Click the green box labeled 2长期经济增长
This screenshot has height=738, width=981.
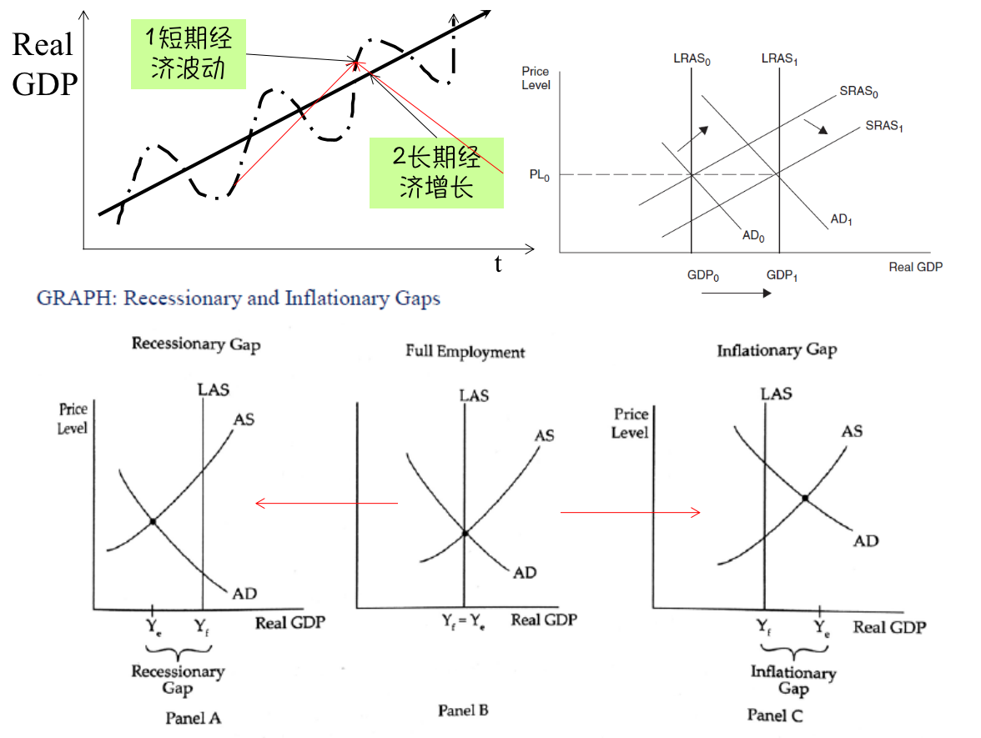[437, 172]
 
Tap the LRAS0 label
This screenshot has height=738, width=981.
[692, 59]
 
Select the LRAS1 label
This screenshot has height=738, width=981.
[780, 59]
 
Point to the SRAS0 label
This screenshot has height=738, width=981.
[859, 92]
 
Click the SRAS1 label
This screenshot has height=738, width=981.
[884, 127]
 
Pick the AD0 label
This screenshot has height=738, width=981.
[753, 236]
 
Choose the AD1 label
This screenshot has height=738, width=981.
[841, 220]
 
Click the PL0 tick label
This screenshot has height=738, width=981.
[539, 175]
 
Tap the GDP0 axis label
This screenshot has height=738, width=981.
[703, 275]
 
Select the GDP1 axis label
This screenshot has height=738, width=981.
[782, 275]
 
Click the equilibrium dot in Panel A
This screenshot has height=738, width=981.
[153, 522]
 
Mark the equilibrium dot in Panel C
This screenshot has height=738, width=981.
[804, 499]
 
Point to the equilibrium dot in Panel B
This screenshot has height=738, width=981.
[465, 533]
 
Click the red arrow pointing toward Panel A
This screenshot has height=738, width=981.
[325, 503]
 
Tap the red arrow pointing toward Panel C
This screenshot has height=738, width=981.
[630, 512]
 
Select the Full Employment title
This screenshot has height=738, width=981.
[465, 352]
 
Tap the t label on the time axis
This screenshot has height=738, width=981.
[498, 265]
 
